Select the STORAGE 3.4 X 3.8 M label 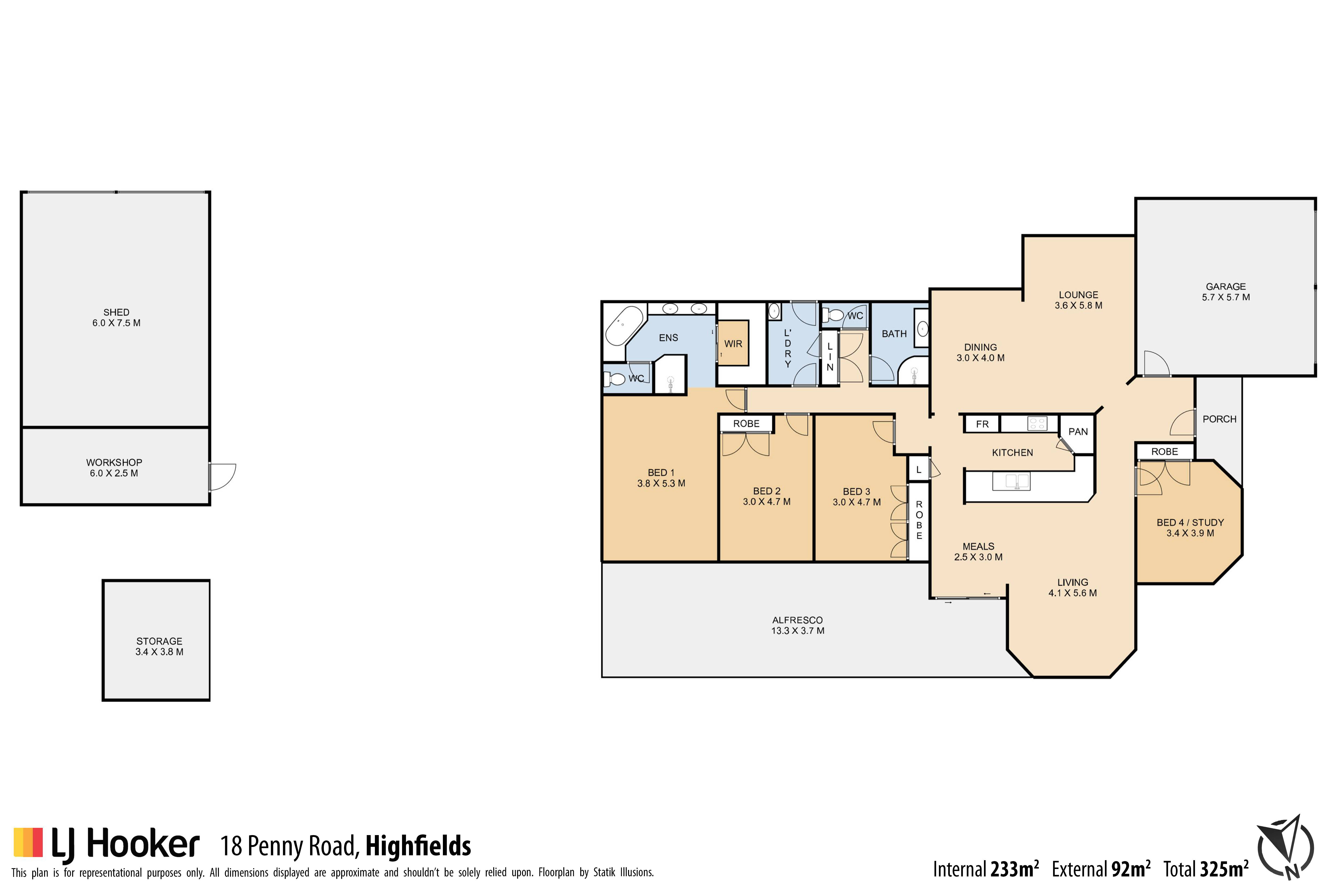159,646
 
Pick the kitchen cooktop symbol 1037,423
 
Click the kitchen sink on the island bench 1011,481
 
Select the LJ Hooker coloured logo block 28,842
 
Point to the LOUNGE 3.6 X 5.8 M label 1078,300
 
